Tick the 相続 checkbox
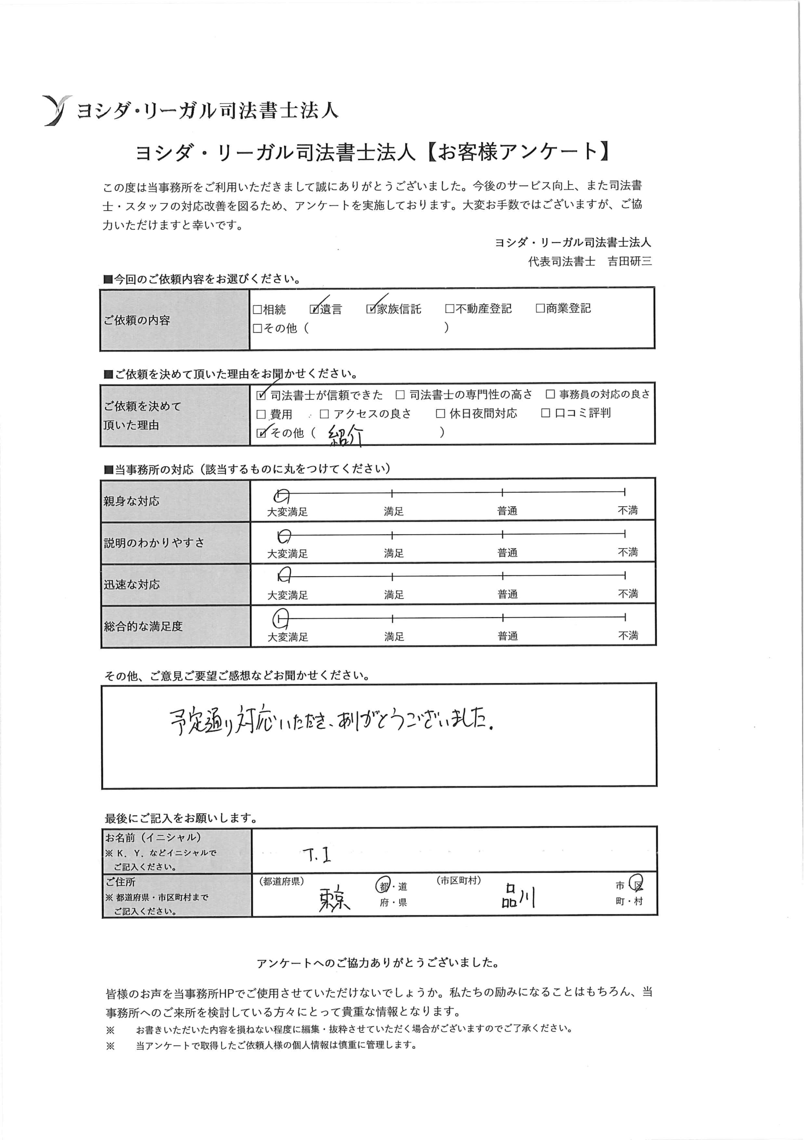click(257, 310)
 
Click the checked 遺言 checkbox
click(314, 309)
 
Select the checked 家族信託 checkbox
click(371, 309)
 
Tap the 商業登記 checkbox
click(540, 308)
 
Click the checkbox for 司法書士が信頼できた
click(261, 396)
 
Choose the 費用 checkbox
click(261, 415)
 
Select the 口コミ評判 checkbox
click(545, 413)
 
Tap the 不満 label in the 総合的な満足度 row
click(628, 635)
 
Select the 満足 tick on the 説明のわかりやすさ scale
click(392, 535)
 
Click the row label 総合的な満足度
click(143, 627)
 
